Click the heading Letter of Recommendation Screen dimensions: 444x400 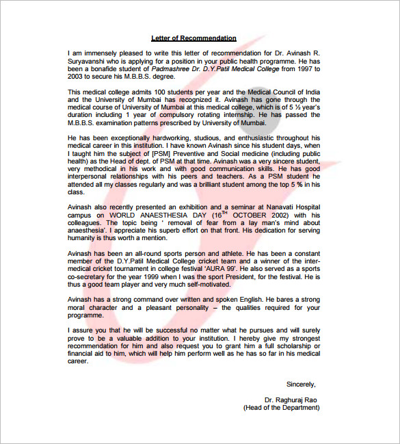tap(194, 38)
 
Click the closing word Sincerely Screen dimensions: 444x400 tap(302, 384)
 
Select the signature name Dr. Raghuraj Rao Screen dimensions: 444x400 tap(291, 399)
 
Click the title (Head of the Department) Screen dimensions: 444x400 tap(281, 407)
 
